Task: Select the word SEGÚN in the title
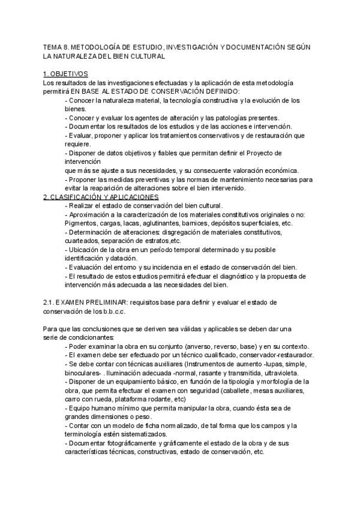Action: point(294,46)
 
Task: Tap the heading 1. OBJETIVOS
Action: point(66,74)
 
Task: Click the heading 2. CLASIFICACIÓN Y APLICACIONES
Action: point(101,197)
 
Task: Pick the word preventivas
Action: point(147,179)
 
